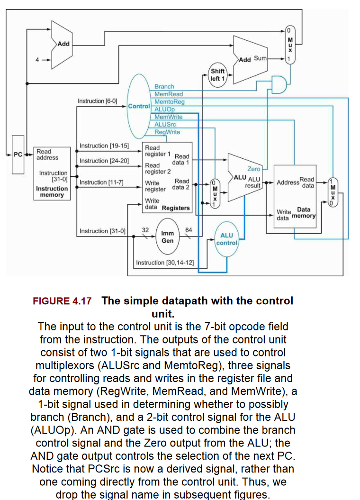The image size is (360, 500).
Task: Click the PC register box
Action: coord(18,155)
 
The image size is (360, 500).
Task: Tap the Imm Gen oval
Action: coord(168,236)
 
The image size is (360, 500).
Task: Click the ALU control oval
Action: coord(226,239)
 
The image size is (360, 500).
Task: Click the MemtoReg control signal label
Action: coord(169,101)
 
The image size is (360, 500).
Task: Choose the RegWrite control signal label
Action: coord(167,132)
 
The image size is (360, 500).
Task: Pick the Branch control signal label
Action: coord(164,87)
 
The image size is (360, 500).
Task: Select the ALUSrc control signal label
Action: coord(165,124)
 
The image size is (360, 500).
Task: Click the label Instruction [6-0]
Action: coord(98,101)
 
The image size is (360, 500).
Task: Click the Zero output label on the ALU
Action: coord(254,169)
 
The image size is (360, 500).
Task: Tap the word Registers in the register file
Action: coord(176,208)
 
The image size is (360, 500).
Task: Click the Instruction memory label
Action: coord(52,191)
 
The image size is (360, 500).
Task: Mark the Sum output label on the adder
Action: coord(261,58)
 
